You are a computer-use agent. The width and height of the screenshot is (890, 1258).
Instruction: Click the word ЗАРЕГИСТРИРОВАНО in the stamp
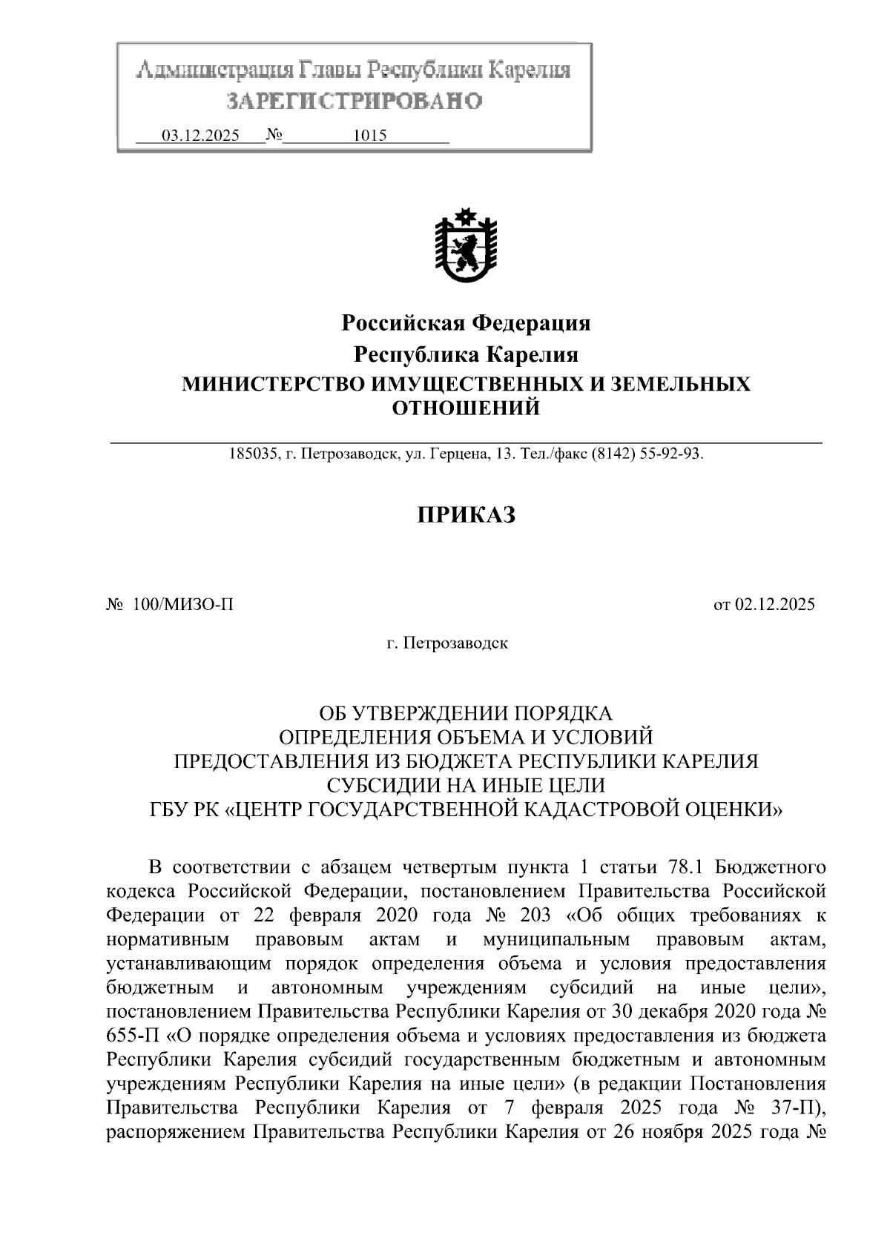354,101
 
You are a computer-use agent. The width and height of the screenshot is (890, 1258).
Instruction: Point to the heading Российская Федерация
466,323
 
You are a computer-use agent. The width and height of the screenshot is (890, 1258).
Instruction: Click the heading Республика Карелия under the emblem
466,354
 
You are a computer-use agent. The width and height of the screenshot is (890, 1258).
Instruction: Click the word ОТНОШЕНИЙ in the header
466,408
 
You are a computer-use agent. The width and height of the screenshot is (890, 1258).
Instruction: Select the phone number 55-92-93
673,454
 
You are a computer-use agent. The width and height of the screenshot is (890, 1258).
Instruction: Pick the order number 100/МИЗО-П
183,604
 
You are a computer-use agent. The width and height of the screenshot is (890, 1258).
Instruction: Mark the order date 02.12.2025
774,604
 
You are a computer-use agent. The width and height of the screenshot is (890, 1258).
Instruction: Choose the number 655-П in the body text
128,1036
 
